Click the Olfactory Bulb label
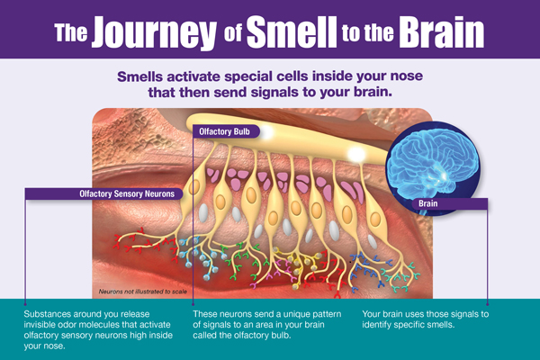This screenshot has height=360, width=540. click(x=226, y=130)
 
